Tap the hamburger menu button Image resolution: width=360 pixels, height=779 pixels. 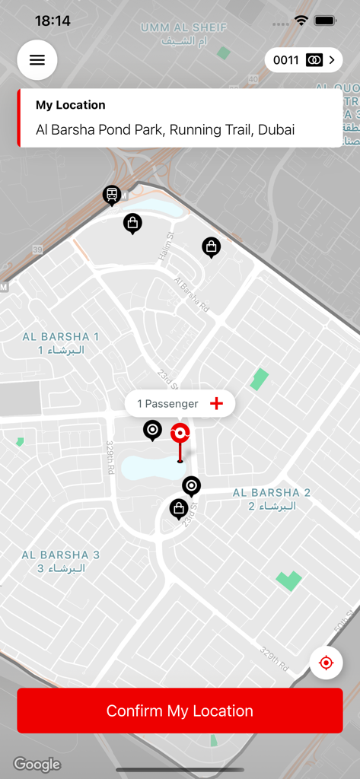(37, 60)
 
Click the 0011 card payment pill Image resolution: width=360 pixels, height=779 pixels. (303, 60)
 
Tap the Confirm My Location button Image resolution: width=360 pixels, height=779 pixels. (180, 711)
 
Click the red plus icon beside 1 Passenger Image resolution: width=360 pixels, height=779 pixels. (216, 403)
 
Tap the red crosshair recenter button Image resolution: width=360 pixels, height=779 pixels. (326, 663)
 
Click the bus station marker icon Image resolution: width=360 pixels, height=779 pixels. (112, 195)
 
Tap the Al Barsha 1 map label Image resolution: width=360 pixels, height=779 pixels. (61, 343)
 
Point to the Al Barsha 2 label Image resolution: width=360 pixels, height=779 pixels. (272, 499)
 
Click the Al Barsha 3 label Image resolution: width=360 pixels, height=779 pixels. (61, 561)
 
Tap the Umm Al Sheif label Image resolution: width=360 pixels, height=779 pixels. (184, 33)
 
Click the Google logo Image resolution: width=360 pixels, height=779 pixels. (37, 764)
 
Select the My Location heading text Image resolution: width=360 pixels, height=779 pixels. (71, 105)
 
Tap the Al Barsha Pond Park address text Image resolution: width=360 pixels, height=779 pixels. (165, 130)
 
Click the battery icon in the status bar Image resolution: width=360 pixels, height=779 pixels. (326, 21)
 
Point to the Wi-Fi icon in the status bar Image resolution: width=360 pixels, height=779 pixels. (301, 21)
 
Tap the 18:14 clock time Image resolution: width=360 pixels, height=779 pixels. (53, 21)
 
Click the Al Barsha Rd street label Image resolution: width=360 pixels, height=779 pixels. (191, 294)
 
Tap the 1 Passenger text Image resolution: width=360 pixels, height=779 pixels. (167, 404)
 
